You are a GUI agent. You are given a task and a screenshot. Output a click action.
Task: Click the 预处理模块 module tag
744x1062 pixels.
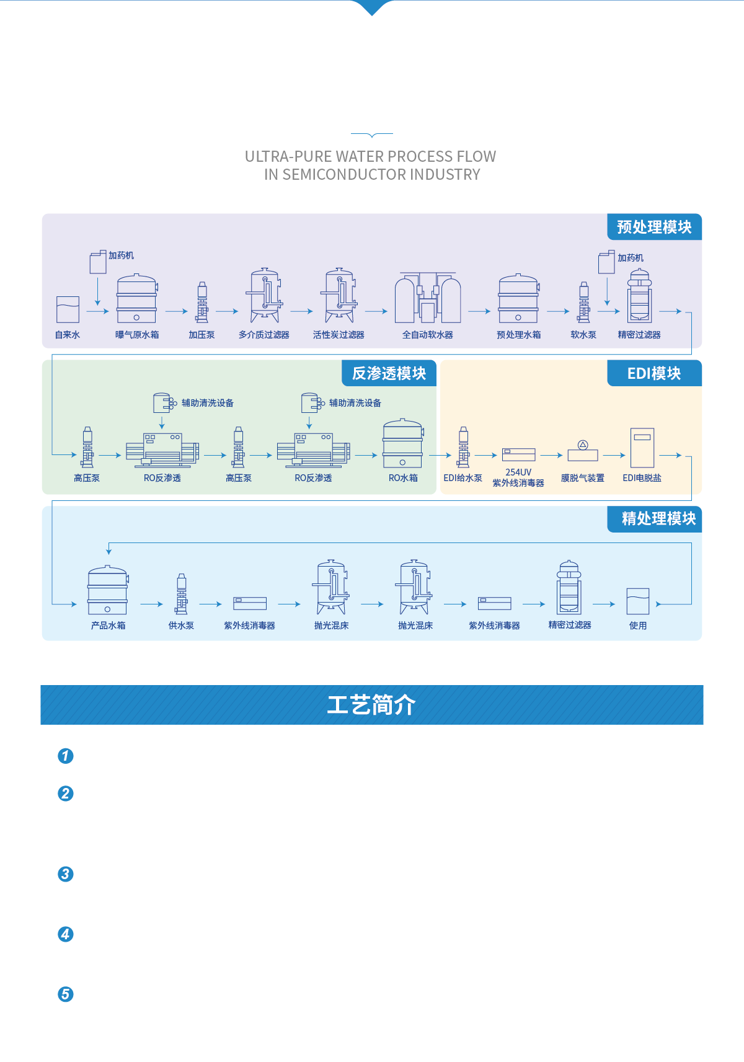click(x=654, y=227)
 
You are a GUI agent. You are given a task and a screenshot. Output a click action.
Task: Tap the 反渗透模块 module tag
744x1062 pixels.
click(x=389, y=373)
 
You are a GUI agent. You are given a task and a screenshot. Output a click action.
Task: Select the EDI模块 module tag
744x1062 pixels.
click(x=654, y=373)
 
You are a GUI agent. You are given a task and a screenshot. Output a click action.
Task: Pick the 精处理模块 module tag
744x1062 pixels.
click(x=658, y=518)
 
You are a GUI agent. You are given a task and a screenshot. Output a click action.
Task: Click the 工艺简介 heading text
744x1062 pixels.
click(x=371, y=705)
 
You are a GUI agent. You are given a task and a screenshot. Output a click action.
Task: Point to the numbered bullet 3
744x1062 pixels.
click(x=66, y=874)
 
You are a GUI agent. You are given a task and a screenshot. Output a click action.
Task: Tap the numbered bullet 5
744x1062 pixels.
click(x=66, y=994)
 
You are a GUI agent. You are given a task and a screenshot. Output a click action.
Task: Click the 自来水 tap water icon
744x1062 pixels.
click(x=68, y=309)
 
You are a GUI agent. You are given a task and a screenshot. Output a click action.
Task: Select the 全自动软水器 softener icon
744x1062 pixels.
click(x=428, y=298)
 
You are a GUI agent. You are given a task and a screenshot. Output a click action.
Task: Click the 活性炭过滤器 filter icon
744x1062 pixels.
click(x=339, y=296)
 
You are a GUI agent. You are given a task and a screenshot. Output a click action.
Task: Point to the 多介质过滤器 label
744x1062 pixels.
click(x=264, y=335)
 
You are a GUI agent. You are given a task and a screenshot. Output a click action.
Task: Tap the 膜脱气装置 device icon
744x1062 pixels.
click(x=583, y=452)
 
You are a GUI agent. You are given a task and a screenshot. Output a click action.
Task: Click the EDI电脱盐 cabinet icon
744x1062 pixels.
click(x=642, y=448)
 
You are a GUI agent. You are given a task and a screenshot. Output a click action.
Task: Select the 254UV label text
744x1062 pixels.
click(x=518, y=472)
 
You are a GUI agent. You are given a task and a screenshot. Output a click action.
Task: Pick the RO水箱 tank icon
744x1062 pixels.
click(x=403, y=444)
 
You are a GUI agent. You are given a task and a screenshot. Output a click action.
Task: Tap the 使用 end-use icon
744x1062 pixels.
click(x=638, y=601)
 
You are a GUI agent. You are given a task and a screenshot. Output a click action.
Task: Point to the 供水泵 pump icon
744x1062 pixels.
click(x=182, y=594)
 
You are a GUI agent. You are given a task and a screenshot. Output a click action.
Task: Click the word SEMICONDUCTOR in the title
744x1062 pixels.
click(x=345, y=175)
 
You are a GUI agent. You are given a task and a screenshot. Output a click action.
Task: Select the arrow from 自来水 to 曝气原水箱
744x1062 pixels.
click(x=98, y=311)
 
